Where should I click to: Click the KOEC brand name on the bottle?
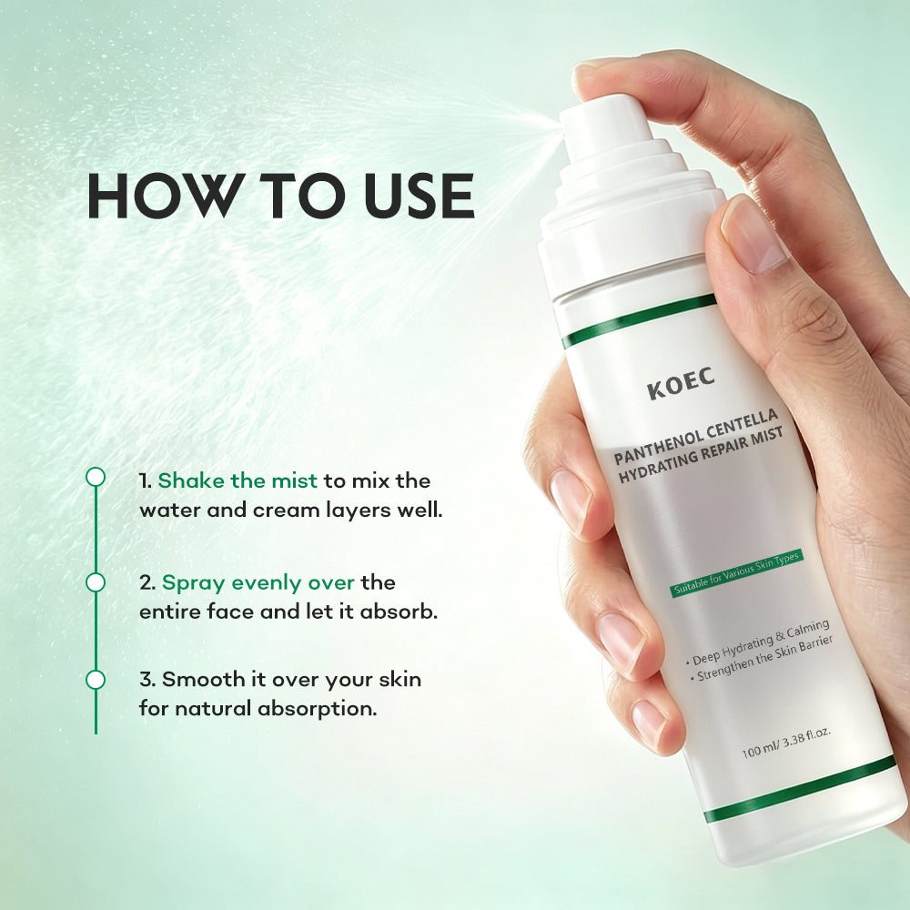[x=681, y=384]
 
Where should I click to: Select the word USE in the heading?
[x=419, y=196]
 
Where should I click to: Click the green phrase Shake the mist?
[x=238, y=480]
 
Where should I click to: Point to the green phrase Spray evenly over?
[x=258, y=582]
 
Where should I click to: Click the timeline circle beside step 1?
[x=96, y=477]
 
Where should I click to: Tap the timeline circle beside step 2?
[x=96, y=582]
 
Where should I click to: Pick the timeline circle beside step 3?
[x=96, y=680]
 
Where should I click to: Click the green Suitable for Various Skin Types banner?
[x=737, y=572]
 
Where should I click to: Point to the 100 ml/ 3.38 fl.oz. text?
[x=786, y=743]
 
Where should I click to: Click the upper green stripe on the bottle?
[x=639, y=320]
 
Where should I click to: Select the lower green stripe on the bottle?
[x=800, y=789]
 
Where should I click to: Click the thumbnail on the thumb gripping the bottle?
[x=753, y=235]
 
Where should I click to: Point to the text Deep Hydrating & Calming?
[x=758, y=642]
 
